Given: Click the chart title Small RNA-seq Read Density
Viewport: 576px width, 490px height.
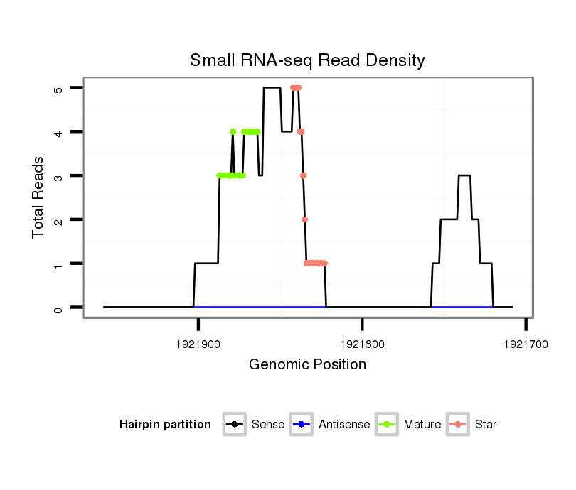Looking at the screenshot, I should [x=307, y=60].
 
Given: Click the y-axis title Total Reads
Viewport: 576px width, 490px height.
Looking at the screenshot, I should [x=38, y=197].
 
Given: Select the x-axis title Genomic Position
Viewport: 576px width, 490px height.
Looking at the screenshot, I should [x=307, y=365].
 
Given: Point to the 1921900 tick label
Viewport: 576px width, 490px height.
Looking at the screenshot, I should [x=198, y=342].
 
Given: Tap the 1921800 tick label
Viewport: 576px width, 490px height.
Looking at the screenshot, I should [x=362, y=342].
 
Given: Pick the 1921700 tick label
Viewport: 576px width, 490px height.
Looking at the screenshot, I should [x=526, y=342].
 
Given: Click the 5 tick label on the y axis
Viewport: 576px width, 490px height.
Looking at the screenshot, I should [x=59, y=88].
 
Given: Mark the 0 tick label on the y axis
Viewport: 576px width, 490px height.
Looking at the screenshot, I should [x=59, y=307].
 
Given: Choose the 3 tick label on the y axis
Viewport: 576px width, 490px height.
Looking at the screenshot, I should [x=59, y=175].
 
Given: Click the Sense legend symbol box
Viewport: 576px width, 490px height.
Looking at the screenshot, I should [x=235, y=425].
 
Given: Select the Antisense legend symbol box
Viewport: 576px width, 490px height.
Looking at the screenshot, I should [x=302, y=425].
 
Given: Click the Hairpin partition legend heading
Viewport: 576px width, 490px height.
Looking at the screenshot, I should [x=165, y=425].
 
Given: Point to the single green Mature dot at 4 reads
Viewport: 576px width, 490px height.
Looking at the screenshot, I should [x=233, y=131].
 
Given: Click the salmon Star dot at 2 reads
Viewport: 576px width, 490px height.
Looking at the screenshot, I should [x=304, y=219].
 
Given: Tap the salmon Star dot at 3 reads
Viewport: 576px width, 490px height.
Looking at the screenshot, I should [x=303, y=175].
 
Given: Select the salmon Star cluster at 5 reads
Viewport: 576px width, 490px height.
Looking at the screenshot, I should [x=296, y=88].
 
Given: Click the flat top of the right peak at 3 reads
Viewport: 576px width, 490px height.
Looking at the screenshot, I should [x=464, y=175].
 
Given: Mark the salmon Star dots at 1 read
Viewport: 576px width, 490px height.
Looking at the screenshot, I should [x=315, y=263].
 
